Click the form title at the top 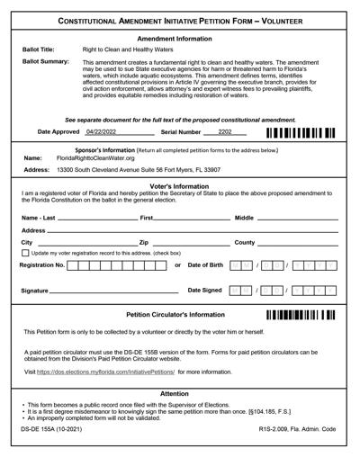click(x=180, y=20)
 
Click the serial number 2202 click(x=225, y=132)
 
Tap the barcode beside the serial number click(x=301, y=133)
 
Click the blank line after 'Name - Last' click(x=96, y=219)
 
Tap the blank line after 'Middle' click(x=297, y=219)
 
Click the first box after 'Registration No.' click(x=73, y=266)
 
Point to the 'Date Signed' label click(x=205, y=291)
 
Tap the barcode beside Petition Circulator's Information click(x=301, y=316)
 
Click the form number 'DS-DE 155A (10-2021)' click(x=53, y=431)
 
